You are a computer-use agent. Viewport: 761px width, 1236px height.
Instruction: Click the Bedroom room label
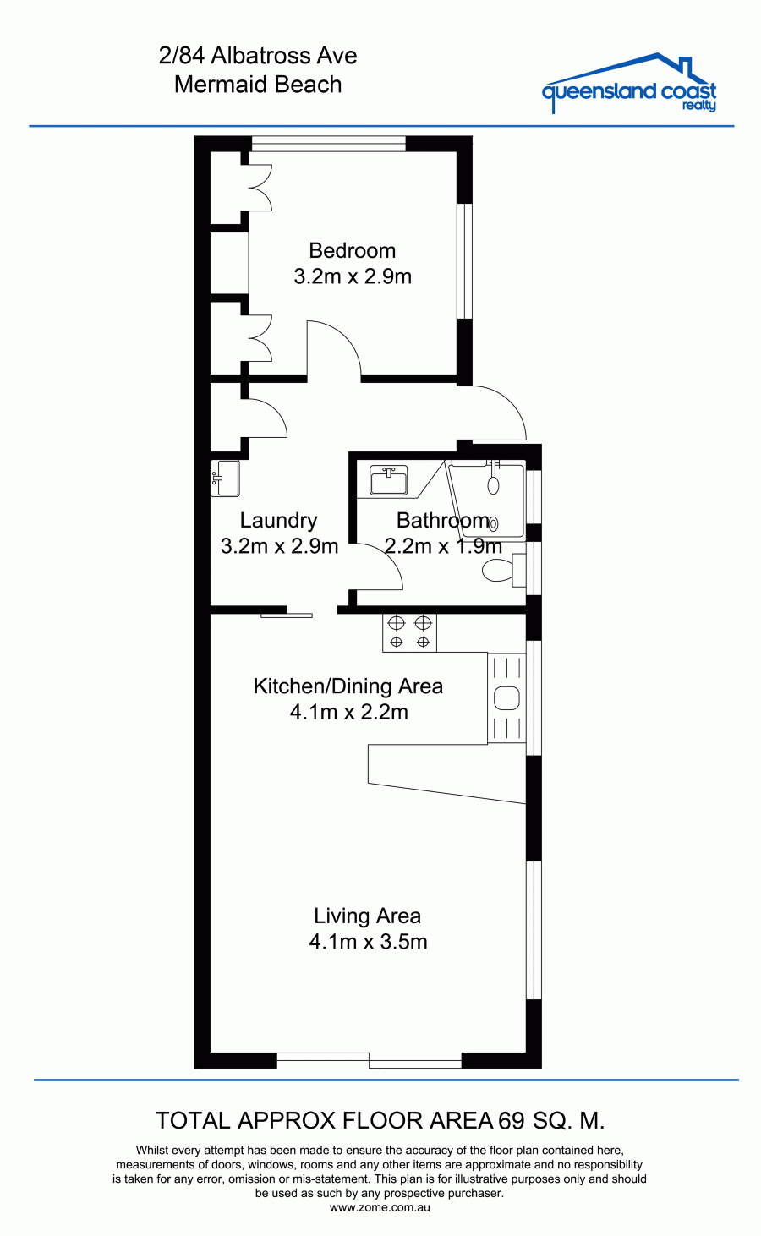[x=352, y=250]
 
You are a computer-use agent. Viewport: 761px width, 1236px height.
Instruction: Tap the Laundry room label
[x=279, y=520]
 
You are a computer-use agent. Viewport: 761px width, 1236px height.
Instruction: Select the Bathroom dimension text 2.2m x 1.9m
[x=443, y=546]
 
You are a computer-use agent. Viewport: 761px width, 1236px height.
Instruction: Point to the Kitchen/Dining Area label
[x=348, y=686]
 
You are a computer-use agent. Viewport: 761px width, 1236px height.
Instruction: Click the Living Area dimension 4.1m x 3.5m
[x=368, y=941]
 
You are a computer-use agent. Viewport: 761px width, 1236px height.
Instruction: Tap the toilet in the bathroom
[x=503, y=570]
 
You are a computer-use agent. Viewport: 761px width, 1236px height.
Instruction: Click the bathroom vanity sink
[x=388, y=479]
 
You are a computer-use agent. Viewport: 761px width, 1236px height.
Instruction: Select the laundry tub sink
[x=225, y=478]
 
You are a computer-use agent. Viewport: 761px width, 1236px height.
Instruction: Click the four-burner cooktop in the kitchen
[x=409, y=632]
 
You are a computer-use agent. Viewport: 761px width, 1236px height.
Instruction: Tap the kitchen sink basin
[x=506, y=698]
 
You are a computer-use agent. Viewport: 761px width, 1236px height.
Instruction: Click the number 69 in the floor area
[x=511, y=1121]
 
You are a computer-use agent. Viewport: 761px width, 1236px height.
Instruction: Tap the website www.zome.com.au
[x=380, y=1206]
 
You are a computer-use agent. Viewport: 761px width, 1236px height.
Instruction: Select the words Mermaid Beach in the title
[x=258, y=85]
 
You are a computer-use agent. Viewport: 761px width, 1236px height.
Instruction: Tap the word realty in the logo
[x=699, y=106]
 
